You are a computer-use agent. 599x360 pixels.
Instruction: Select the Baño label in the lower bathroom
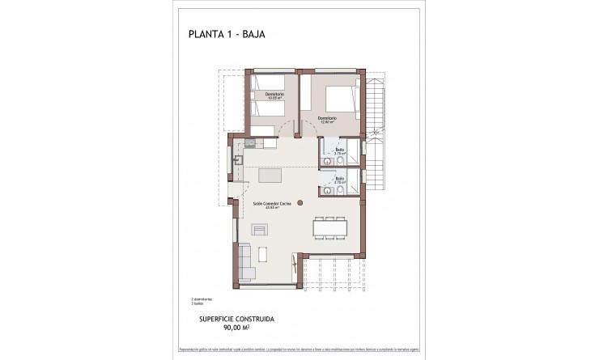tap(340, 180)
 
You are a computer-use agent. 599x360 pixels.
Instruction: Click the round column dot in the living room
tap(300, 202)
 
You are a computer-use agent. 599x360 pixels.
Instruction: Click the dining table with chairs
tap(329, 228)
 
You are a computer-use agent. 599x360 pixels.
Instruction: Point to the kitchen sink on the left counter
tap(238, 160)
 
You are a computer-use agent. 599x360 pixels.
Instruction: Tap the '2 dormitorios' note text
tap(203, 299)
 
